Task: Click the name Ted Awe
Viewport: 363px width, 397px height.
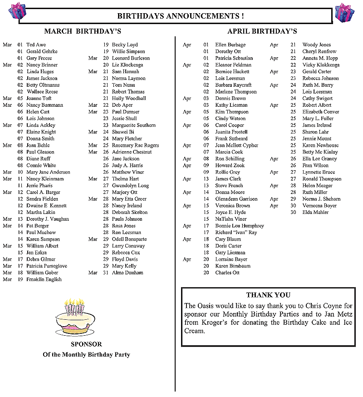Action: [36, 45]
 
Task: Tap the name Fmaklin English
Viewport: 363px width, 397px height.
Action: [44, 279]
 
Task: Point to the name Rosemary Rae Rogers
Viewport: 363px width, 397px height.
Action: [135, 145]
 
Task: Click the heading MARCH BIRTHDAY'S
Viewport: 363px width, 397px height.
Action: [82, 31]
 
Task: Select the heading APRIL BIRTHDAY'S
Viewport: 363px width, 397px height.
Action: [262, 31]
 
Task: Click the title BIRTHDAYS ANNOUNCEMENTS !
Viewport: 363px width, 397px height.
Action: [181, 16]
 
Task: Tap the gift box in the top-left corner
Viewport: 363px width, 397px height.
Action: [17, 10]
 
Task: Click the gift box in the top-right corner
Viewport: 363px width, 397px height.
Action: [344, 12]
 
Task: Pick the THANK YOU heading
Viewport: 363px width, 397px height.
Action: [268, 295]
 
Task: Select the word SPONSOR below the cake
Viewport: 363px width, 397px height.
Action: [86, 344]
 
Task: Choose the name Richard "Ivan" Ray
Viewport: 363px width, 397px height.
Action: [236, 232]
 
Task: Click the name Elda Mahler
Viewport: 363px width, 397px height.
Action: [315, 212]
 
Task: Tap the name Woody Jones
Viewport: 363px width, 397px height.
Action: [316, 45]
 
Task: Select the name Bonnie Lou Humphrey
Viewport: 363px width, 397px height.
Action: [239, 226]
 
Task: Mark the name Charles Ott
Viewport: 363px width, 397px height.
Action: [227, 273]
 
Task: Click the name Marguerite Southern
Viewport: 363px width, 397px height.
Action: [133, 125]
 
